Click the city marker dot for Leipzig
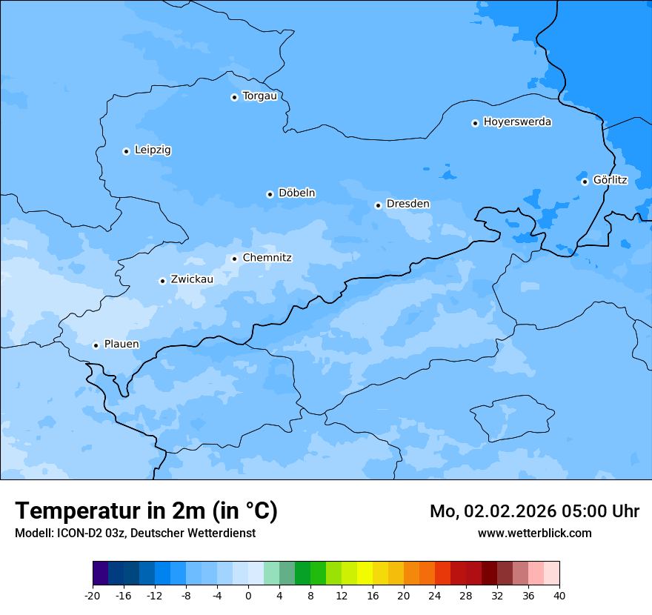(126, 151)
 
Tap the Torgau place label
(259, 96)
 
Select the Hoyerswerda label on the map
(517, 122)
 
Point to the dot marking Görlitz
(585, 182)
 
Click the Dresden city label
(408, 204)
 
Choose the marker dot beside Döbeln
(270, 194)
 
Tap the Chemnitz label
(267, 258)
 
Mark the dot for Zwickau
(162, 281)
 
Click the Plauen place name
(121, 345)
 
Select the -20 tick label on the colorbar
(92, 596)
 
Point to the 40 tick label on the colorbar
(559, 596)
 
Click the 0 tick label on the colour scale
(248, 596)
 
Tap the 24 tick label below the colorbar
(435, 596)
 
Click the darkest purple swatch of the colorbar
(100, 574)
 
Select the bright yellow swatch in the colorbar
(365, 574)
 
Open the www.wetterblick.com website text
(534, 533)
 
